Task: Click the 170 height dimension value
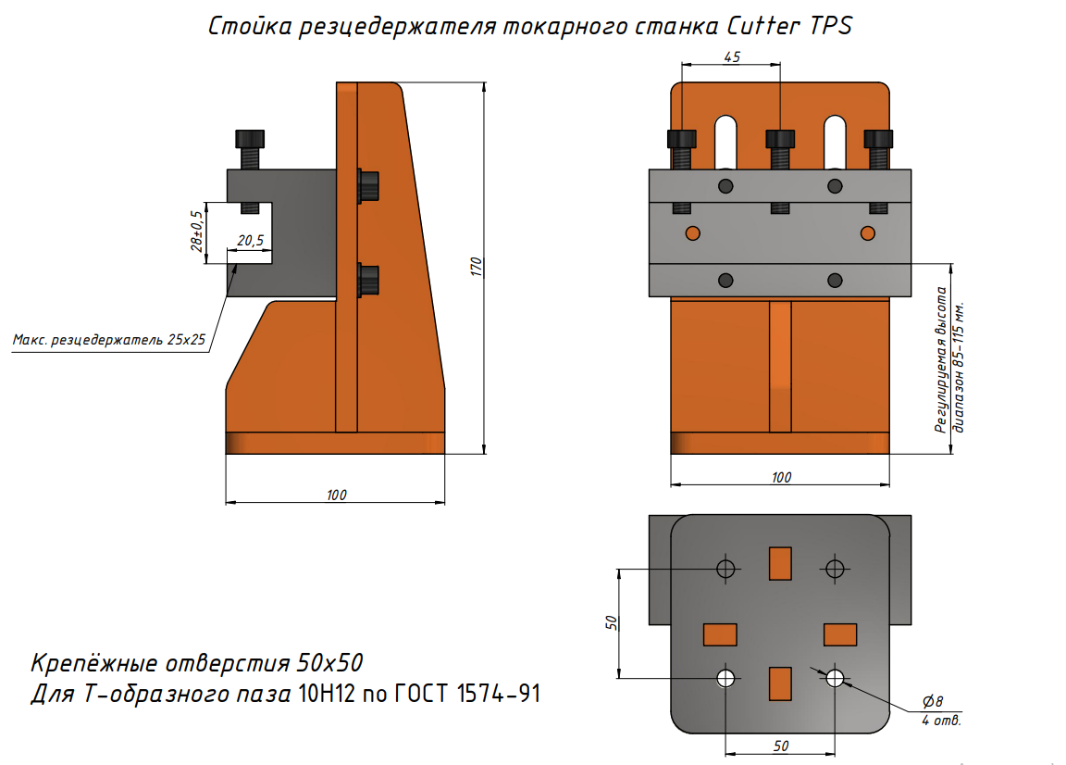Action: [x=477, y=267]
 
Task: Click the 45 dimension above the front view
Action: [x=732, y=57]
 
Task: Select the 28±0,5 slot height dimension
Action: [x=196, y=232]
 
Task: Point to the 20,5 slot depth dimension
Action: [x=250, y=240]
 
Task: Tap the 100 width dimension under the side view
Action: [x=336, y=495]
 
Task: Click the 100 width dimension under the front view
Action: [x=781, y=477]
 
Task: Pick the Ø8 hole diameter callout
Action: [x=933, y=702]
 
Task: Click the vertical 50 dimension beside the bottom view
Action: [x=611, y=622]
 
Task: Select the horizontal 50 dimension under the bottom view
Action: [x=780, y=746]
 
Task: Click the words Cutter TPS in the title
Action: [x=788, y=26]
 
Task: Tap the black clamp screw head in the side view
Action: [x=250, y=139]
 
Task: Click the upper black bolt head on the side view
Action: [x=367, y=186]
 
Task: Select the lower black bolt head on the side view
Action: [x=367, y=281]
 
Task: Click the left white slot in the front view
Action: [x=725, y=142]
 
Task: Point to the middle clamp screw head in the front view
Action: [x=780, y=139]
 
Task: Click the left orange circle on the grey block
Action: [x=693, y=233]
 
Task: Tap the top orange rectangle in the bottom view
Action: [x=780, y=563]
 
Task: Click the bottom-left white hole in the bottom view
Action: [x=725, y=678]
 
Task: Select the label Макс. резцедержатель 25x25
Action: [x=109, y=340]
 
